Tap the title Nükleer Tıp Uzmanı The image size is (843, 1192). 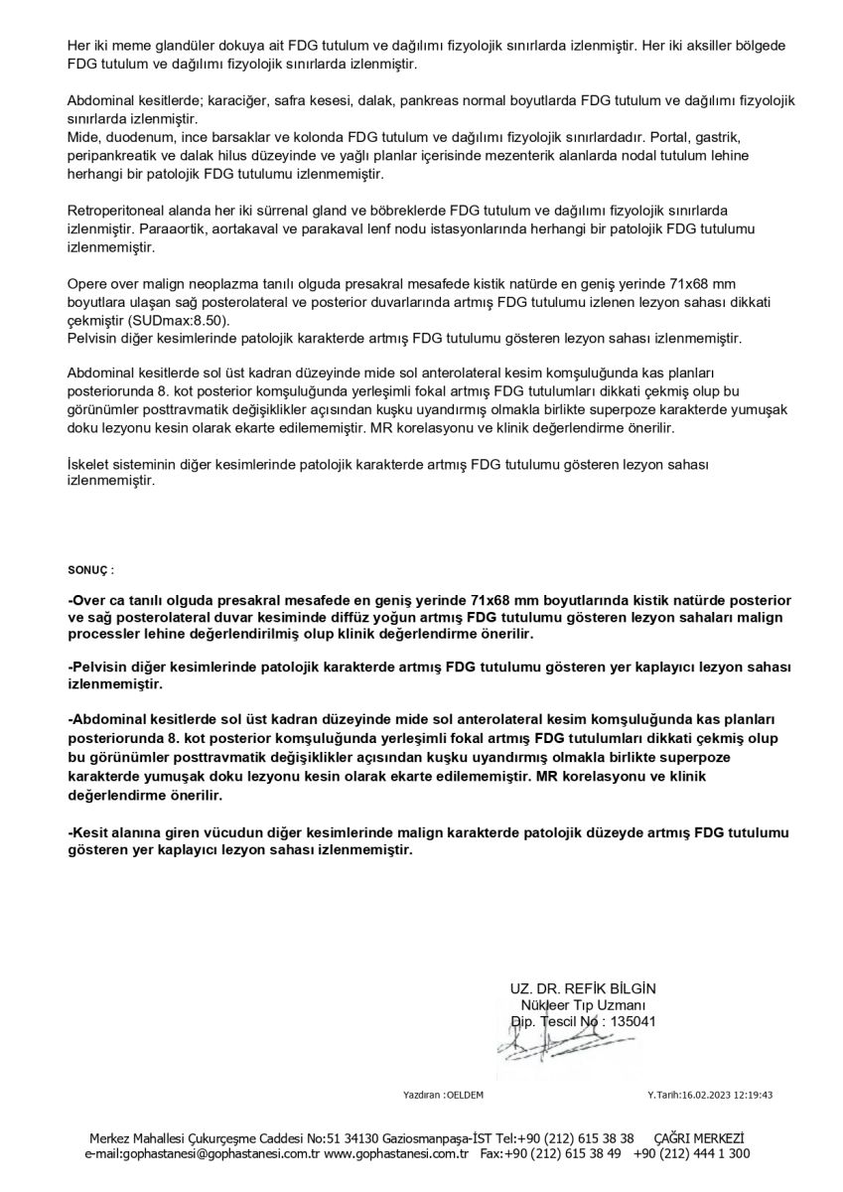[583, 1004]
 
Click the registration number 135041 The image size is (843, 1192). [632, 1020]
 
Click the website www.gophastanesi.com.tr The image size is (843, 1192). [396, 1153]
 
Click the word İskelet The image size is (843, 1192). [86, 464]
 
